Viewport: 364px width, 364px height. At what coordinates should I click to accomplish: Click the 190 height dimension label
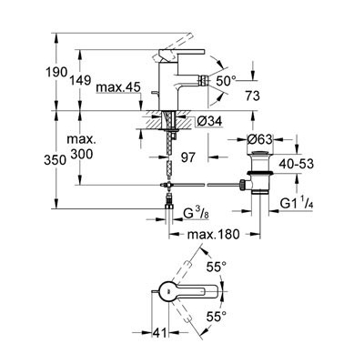coord(56,73)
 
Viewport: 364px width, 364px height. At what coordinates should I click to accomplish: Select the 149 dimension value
coord(80,80)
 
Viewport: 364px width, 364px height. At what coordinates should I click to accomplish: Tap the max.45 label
coord(118,87)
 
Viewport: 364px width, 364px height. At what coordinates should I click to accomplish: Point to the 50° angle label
coord(226,81)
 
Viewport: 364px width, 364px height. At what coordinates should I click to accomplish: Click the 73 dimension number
coord(253,96)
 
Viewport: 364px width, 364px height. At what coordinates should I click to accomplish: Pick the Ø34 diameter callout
coord(209,121)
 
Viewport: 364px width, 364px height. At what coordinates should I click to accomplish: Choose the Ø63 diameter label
coord(259,139)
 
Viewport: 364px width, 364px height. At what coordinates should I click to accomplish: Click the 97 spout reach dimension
coord(187,157)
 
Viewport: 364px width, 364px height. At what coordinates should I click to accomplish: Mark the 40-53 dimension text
coord(296,164)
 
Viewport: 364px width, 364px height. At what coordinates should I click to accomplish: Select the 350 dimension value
coord(55,160)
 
